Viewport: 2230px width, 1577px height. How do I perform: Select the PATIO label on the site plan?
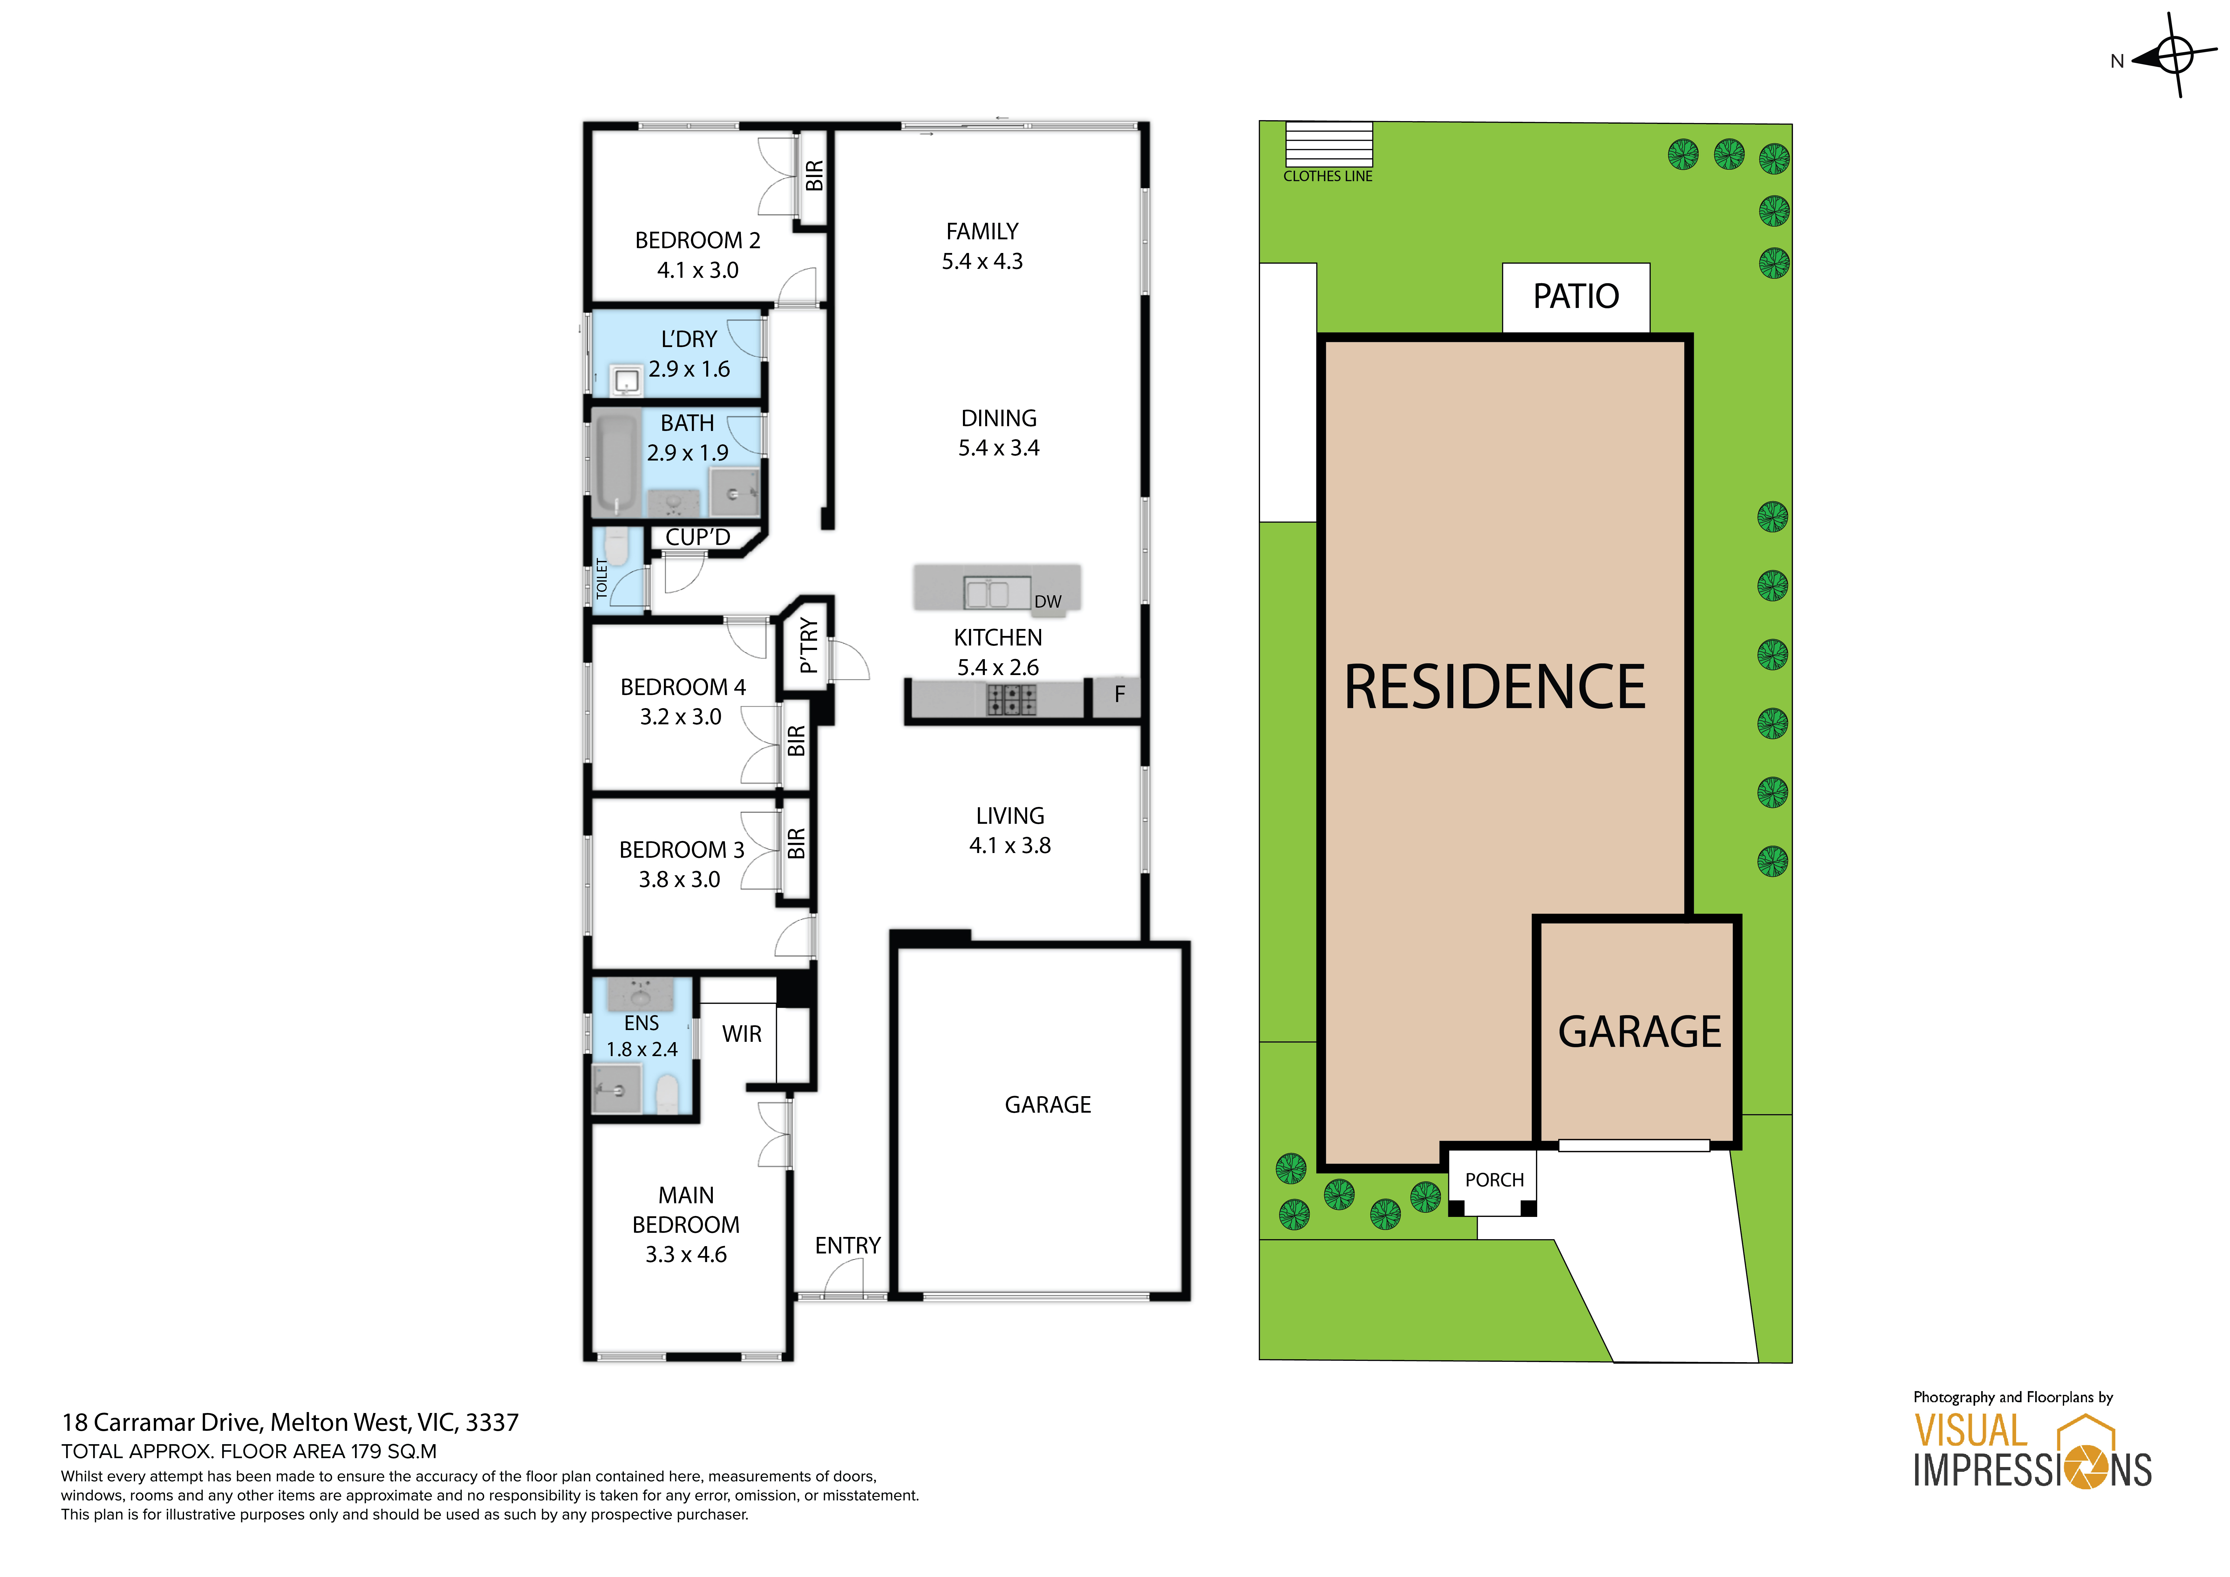(x=1575, y=296)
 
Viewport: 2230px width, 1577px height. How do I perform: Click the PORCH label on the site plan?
(x=1494, y=1180)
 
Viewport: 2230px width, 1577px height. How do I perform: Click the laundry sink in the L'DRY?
(x=626, y=380)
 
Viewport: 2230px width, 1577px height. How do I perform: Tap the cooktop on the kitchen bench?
(x=1011, y=699)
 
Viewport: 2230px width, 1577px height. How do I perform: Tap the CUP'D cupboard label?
(x=697, y=537)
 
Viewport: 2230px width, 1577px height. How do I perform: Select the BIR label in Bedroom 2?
(x=814, y=176)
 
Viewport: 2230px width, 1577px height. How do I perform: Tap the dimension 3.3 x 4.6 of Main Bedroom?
(x=686, y=1255)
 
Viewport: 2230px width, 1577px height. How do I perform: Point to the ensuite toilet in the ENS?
(x=666, y=1094)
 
